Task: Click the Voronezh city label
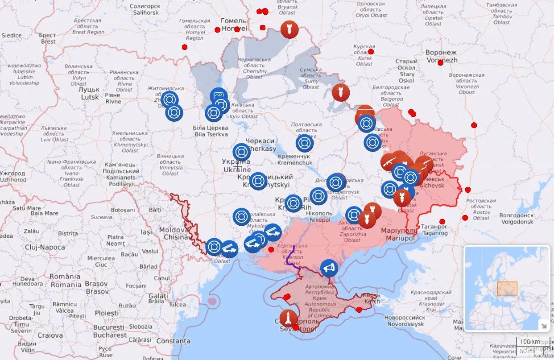coord(441,56)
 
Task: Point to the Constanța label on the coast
coord(174,341)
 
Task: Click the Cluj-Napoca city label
coord(39,247)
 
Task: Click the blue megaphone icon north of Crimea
coord(329,268)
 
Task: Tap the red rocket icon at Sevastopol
coord(288,318)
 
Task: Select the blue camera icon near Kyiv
coord(219,96)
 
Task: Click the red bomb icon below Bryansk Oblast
coord(289,30)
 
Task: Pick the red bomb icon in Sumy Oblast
coord(341,93)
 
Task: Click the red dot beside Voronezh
coord(440,63)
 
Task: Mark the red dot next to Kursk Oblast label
coord(371,52)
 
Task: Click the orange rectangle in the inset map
coord(507,288)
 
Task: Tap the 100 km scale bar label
coord(530,342)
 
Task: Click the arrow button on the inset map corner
coord(544,326)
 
